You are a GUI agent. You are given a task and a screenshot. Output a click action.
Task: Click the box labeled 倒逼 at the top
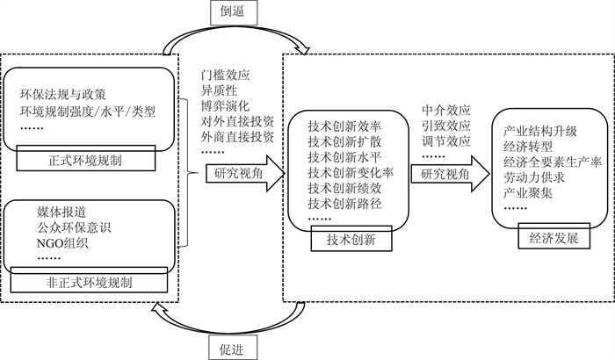click(234, 12)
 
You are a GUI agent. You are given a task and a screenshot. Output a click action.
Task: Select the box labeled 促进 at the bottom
click(233, 348)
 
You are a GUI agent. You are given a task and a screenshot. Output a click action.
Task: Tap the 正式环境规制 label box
click(86, 158)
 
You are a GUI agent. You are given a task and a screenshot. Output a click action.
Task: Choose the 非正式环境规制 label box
click(89, 280)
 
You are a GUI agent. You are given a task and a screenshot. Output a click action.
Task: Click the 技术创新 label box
click(351, 239)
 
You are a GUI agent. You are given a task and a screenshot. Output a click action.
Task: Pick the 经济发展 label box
click(553, 236)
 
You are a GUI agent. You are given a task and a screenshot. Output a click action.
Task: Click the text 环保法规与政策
click(63, 95)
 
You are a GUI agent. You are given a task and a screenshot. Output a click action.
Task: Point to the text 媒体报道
click(61, 212)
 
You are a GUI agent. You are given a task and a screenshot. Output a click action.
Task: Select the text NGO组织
click(62, 243)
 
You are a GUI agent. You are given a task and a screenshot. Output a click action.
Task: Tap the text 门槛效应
click(226, 75)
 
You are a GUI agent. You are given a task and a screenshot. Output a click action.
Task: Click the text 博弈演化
click(226, 106)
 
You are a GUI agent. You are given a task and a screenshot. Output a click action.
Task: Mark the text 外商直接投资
click(238, 137)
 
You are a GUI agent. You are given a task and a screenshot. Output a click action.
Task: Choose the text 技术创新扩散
click(344, 141)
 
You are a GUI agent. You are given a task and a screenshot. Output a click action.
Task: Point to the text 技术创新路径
click(344, 204)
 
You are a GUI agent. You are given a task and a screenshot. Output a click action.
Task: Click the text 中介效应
click(446, 110)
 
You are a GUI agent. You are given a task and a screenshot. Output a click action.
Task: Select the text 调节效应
click(446, 140)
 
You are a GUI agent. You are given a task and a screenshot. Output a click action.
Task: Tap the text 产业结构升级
click(540, 131)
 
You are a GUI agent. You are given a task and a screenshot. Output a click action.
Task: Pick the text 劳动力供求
click(534, 177)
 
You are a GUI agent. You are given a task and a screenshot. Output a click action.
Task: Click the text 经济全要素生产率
click(553, 162)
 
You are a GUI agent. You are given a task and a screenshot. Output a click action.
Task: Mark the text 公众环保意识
click(74, 227)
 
